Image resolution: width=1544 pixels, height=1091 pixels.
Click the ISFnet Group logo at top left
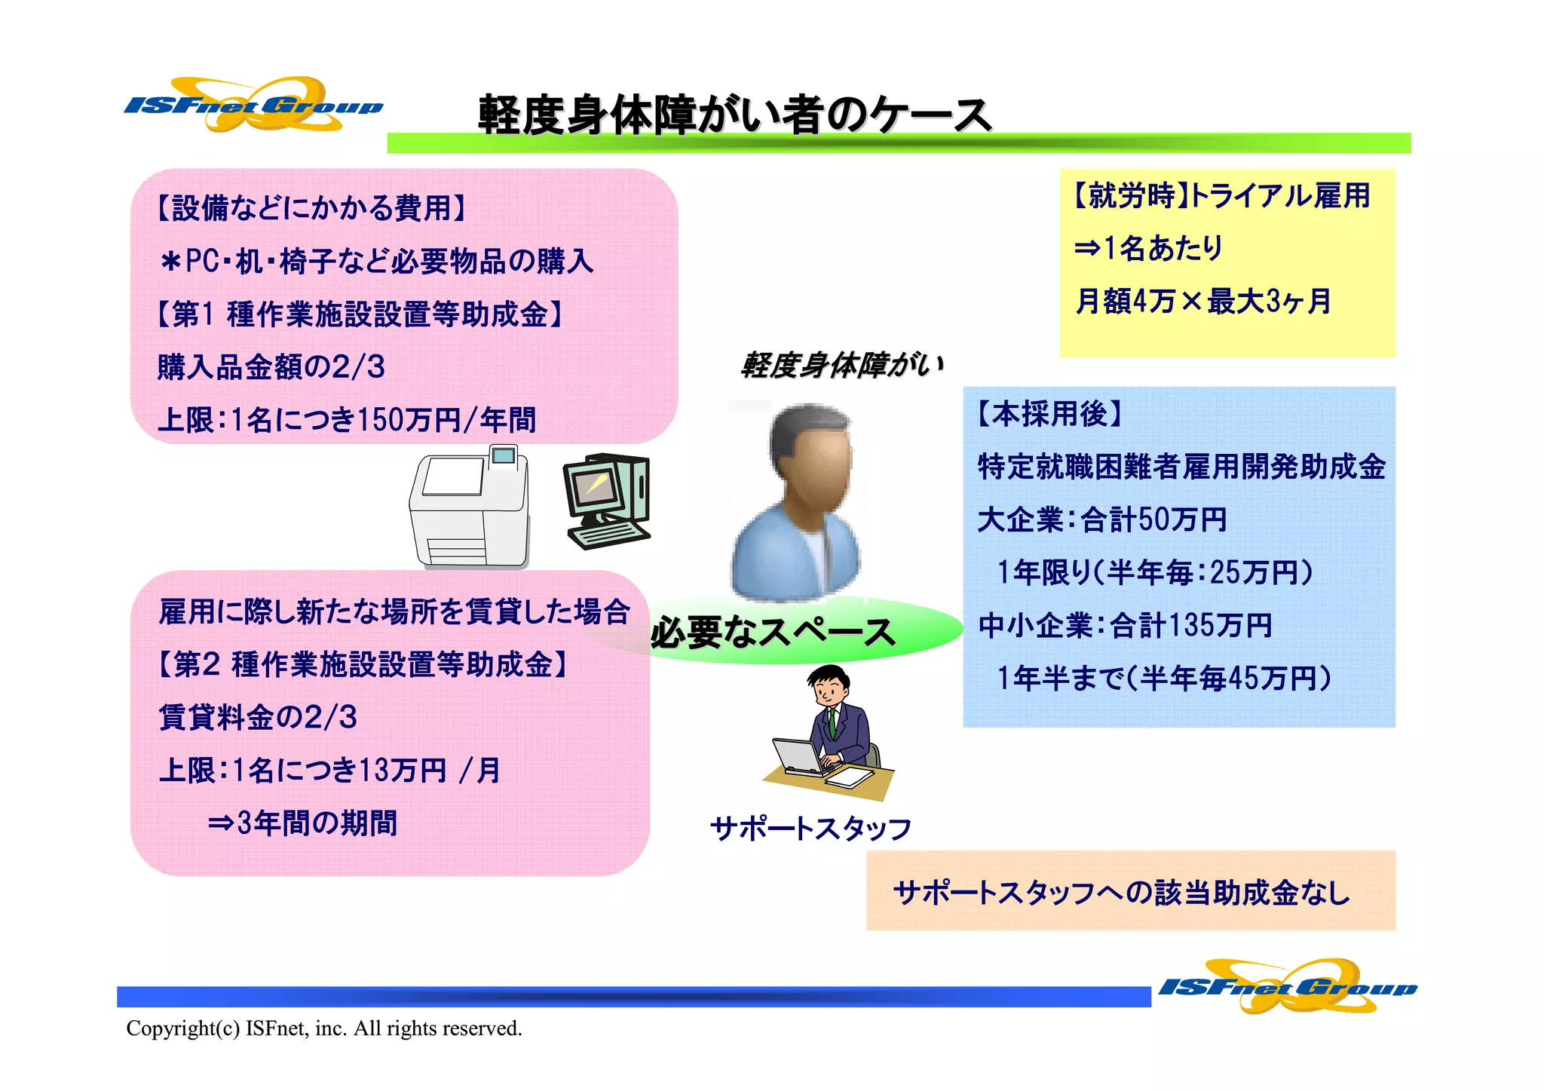(x=253, y=105)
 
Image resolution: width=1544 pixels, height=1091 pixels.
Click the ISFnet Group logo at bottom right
(x=1287, y=985)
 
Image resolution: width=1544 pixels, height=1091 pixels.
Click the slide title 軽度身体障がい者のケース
(x=734, y=115)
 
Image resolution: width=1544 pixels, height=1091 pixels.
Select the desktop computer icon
(x=606, y=500)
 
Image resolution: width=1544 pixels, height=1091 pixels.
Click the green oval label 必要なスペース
(x=773, y=632)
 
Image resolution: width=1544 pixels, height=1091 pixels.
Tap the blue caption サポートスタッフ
(x=810, y=829)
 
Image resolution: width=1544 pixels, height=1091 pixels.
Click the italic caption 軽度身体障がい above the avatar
(x=841, y=365)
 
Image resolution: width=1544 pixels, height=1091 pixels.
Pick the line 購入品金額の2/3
(x=271, y=367)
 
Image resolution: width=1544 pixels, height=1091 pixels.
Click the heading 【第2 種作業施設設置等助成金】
(x=363, y=664)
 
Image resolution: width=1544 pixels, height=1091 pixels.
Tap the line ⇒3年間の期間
(x=302, y=823)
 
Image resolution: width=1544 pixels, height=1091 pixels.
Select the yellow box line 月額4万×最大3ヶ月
(x=1202, y=301)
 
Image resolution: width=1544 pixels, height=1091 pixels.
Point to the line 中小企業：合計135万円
(x=1125, y=625)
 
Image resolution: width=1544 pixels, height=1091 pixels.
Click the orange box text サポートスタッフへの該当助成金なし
(x=1121, y=893)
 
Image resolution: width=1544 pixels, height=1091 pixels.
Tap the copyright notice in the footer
(x=324, y=1028)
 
